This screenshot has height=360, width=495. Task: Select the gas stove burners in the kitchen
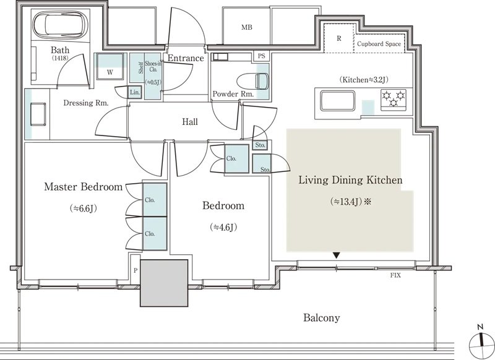click(x=394, y=99)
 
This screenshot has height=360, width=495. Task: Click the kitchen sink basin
click(x=337, y=101)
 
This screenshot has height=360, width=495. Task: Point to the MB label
click(x=247, y=27)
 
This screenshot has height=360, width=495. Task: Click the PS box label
click(x=261, y=56)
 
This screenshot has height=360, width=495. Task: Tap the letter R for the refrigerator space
click(x=339, y=38)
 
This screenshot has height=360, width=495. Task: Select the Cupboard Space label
click(x=379, y=44)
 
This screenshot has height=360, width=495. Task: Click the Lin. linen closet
click(x=135, y=92)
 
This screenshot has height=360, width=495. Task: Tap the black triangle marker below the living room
click(x=337, y=255)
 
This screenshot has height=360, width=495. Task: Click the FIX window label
click(x=395, y=275)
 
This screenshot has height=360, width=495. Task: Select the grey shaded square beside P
click(x=164, y=283)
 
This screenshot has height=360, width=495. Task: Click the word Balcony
click(x=322, y=317)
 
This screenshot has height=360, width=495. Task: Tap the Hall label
click(x=190, y=122)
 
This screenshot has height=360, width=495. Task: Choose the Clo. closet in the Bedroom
click(x=237, y=159)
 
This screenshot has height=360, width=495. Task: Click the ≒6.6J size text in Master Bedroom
click(x=84, y=208)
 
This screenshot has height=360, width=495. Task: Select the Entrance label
click(x=186, y=58)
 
